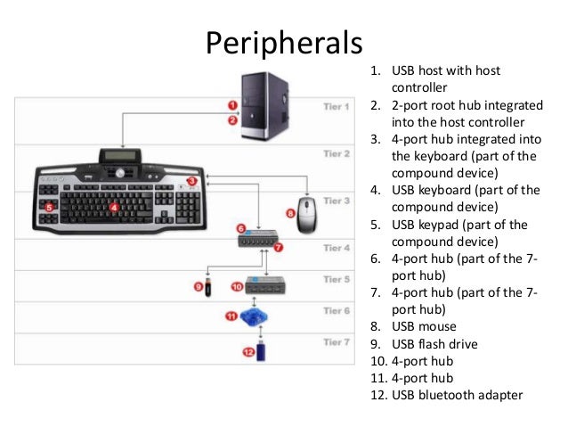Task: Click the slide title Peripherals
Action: (x=284, y=43)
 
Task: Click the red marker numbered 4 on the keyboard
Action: (x=114, y=207)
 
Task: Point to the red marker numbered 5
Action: (x=50, y=207)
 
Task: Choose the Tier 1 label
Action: (x=336, y=107)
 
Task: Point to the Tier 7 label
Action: (x=336, y=341)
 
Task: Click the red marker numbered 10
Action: (x=236, y=287)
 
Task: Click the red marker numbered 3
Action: (x=192, y=181)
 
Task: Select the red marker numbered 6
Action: (x=240, y=228)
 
